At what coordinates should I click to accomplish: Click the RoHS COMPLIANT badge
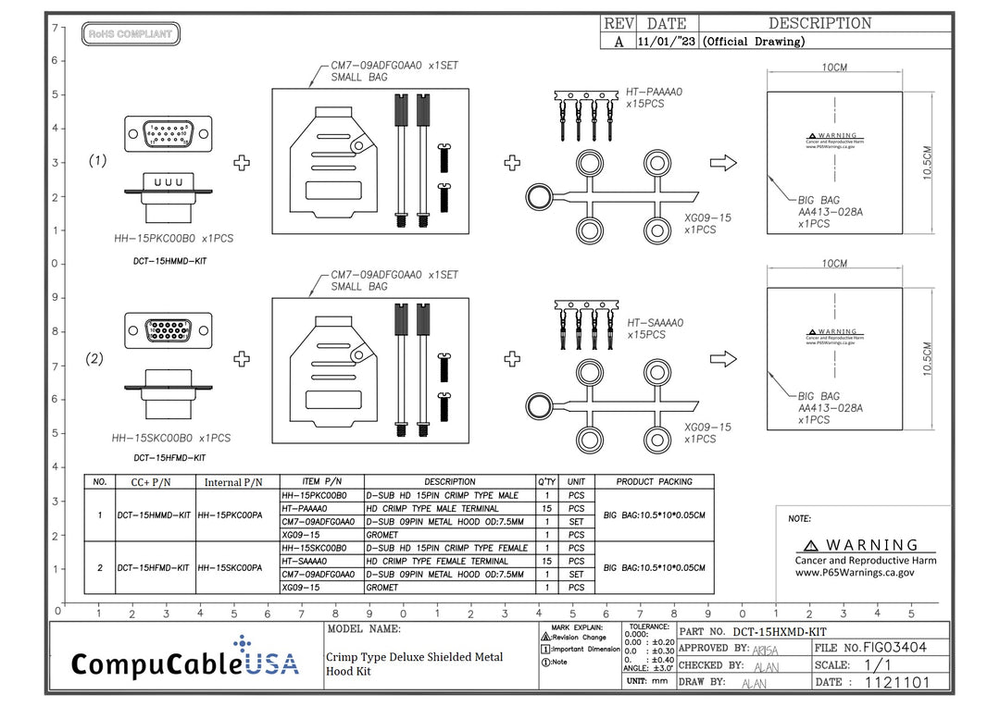click(131, 34)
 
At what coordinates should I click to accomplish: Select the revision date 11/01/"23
click(667, 42)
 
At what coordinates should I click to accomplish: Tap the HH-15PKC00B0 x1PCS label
click(173, 238)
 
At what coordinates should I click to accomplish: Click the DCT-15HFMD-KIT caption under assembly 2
click(169, 457)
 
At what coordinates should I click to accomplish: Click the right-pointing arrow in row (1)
click(722, 163)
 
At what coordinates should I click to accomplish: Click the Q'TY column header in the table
click(547, 481)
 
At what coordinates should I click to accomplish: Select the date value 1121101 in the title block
click(894, 683)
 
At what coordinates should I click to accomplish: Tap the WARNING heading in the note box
click(861, 546)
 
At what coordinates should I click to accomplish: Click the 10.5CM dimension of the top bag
click(929, 163)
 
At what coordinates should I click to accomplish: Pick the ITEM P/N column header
click(322, 481)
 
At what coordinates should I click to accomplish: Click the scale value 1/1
click(880, 665)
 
